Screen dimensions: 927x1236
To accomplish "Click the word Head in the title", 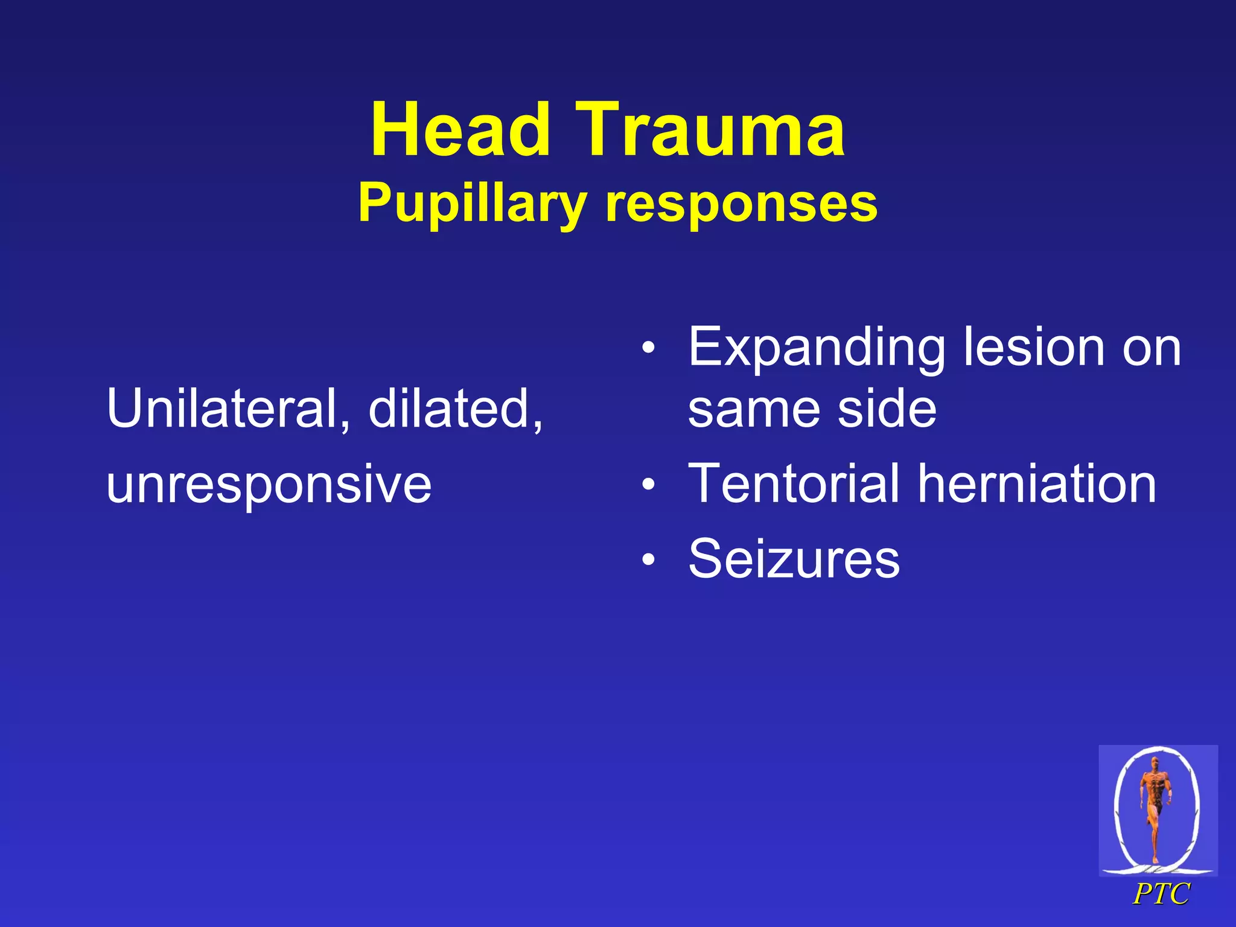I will [x=460, y=130].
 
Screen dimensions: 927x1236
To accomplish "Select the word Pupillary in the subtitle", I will [x=472, y=204].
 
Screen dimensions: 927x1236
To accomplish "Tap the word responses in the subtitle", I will [x=741, y=204].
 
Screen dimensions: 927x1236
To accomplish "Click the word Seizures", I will [x=794, y=559].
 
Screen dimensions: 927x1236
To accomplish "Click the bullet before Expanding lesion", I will [x=648, y=348].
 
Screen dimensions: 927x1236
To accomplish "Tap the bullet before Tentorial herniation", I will [x=648, y=484].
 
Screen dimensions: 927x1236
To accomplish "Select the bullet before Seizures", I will [x=648, y=559].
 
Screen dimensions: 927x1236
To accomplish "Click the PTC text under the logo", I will [x=1161, y=894].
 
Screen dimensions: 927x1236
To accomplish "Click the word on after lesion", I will [x=1151, y=348].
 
